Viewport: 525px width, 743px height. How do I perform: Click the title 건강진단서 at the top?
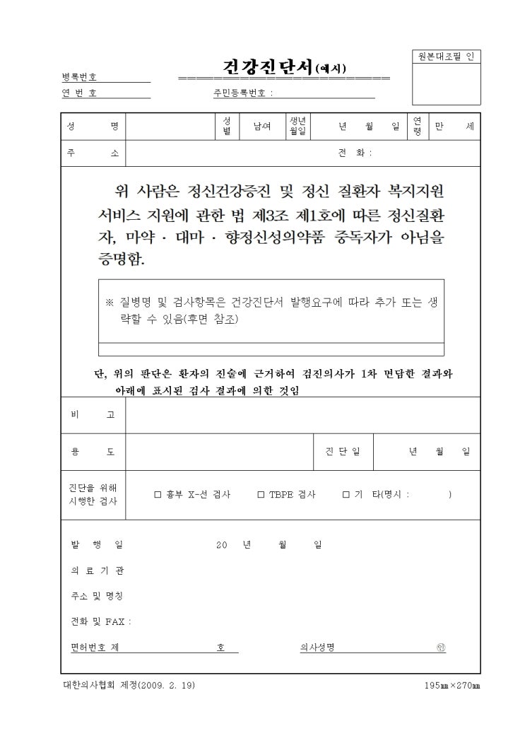269,67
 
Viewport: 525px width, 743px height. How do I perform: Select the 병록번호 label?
79,77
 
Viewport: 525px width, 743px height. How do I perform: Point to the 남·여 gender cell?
252,127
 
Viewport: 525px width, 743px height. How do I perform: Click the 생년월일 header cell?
297,127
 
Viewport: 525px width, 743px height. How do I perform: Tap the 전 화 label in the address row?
355,153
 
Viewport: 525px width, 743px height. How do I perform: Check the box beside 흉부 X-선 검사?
158,495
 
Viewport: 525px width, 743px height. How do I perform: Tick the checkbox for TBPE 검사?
261,495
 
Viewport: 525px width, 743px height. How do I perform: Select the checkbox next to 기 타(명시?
346,495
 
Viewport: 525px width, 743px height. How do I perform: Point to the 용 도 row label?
93,451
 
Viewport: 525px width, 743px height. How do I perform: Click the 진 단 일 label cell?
343,451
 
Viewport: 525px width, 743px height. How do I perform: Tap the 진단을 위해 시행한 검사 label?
93,495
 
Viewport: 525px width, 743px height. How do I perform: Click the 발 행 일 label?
95,544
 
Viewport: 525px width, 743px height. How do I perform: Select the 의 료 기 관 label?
93,570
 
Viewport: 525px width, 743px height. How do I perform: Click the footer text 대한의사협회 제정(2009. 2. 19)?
129,686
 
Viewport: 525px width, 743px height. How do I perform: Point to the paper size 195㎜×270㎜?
452,686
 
